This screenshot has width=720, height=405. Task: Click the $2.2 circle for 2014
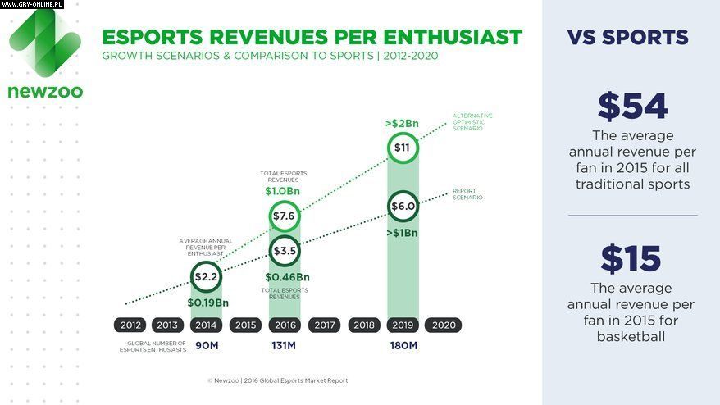coord(207,277)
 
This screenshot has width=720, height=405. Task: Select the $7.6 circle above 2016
coord(285,216)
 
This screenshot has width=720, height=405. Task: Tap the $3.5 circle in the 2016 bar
coord(285,251)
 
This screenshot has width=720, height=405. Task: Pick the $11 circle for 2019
coord(403,148)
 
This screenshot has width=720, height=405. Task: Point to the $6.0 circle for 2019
coord(403,207)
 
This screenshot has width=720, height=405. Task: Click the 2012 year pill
coord(131,325)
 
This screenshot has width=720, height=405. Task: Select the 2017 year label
coord(325,325)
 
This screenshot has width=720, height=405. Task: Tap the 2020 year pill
coord(444,325)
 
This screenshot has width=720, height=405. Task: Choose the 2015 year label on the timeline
coord(245,325)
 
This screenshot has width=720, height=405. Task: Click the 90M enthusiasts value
coord(207,346)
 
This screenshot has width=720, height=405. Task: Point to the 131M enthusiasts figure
coord(285,346)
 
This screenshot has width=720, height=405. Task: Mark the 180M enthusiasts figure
coord(403,346)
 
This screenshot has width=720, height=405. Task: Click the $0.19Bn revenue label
coord(207,303)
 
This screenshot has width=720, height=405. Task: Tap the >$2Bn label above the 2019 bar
coord(402,124)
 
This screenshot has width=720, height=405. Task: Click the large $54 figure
coord(632,107)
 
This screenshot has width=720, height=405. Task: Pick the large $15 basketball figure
coord(631,259)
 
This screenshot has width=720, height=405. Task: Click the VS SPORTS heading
coord(627,38)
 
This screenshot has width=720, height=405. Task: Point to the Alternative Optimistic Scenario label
coord(472,121)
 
